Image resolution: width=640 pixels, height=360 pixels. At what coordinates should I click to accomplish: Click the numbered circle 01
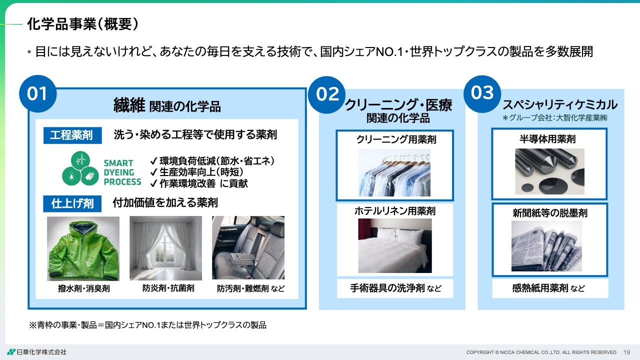coord(37,93)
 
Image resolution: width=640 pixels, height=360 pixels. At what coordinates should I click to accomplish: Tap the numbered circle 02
coord(327,94)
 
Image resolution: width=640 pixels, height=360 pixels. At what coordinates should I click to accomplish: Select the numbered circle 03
coord(482,93)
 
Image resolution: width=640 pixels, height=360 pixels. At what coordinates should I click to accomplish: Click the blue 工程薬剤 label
coord(72,135)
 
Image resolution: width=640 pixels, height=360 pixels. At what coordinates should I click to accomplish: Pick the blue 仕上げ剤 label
coord(72,203)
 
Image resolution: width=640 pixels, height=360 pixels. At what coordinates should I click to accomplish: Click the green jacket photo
coord(83,248)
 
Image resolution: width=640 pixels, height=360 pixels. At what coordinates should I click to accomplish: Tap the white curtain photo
coord(165,248)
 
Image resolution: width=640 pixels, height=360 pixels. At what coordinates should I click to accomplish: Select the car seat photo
coord(248,247)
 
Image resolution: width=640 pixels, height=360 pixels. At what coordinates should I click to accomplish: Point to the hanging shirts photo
coord(394,173)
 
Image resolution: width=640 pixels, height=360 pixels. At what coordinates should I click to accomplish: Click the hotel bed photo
coord(395,245)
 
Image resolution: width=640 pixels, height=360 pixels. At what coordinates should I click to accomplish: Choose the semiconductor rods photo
coord(549,171)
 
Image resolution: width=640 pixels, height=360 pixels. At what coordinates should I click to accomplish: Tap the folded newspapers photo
coord(546,246)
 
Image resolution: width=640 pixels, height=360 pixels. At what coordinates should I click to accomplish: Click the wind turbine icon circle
coord(80,160)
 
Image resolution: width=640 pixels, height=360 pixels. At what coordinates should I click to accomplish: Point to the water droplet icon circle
coord(71,176)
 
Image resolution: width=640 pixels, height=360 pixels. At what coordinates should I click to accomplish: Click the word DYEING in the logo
coord(119,172)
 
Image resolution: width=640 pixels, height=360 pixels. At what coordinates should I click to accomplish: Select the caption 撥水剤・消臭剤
coord(83,288)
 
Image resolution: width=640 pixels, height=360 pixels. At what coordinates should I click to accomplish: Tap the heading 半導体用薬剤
coord(547,139)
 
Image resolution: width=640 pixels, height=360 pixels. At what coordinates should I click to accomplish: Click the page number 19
coord(627,352)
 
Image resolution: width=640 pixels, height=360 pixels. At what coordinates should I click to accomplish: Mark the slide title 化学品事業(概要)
coord(83,24)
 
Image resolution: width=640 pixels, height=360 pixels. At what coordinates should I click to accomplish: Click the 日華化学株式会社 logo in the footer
coord(37,352)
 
